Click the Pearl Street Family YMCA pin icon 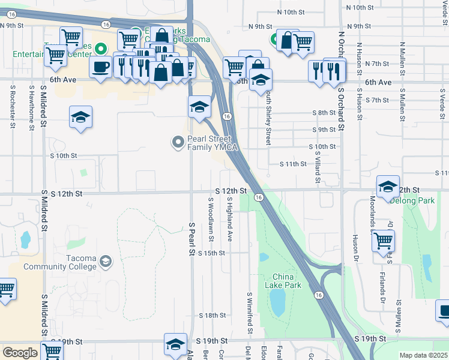click(178, 142)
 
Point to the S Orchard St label click(340, 108)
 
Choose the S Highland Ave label click(229, 220)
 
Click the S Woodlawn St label click(211, 220)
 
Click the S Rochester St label click(12, 106)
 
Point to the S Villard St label click(318, 162)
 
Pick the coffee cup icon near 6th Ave click(100, 66)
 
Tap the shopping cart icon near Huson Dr click(382, 241)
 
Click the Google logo click(20, 353)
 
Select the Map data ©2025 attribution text click(423, 355)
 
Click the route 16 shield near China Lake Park click(318, 295)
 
